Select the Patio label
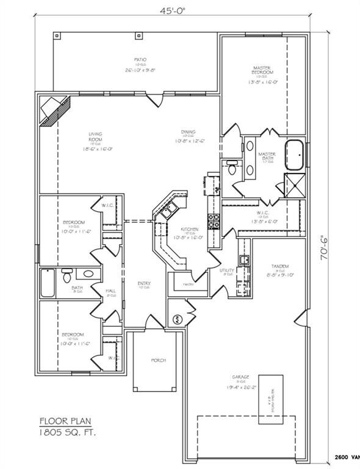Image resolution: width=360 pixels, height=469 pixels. coord(140,60)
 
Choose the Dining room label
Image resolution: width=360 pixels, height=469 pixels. coord(188,132)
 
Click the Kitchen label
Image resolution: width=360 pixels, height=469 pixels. coord(188,230)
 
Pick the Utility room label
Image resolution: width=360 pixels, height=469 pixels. coord(227,270)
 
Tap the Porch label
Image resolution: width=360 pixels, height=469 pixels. coord(158,360)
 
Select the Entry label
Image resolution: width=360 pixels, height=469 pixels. coord(144,283)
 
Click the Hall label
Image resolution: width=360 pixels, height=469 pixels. coord(110,291)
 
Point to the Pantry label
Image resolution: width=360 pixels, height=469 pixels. coord(188,285)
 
